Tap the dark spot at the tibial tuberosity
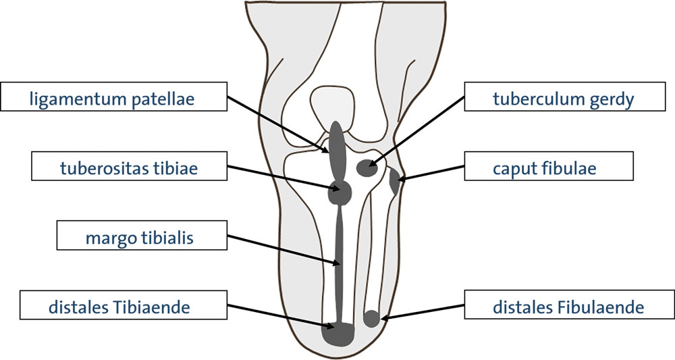click(340, 192)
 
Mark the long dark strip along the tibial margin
click(340, 263)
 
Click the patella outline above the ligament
click(333, 105)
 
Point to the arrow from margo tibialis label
click(283, 249)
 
